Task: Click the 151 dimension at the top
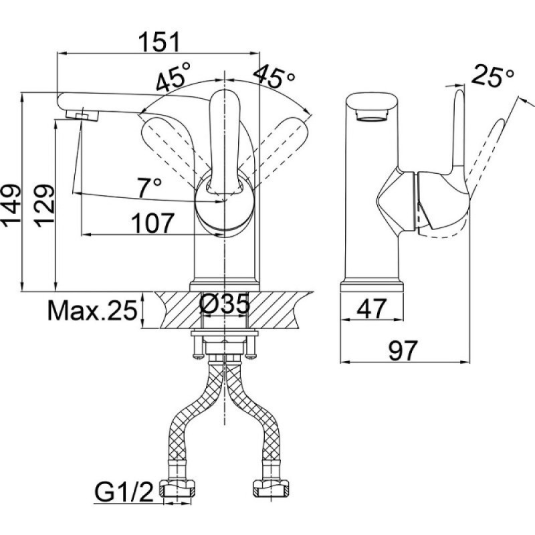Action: point(159,41)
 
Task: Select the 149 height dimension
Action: point(11,206)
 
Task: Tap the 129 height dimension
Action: point(44,206)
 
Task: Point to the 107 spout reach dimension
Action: point(152,223)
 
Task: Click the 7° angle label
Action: point(149,187)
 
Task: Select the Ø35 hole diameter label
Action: point(224,304)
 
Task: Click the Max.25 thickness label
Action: point(92,310)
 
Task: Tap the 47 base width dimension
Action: point(372,308)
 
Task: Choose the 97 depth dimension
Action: point(403,350)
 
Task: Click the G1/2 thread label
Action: point(124,492)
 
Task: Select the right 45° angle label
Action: point(274,76)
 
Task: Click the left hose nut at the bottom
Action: point(177,488)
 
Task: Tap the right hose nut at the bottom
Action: point(271,488)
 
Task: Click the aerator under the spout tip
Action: point(82,115)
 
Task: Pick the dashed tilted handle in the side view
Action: point(484,154)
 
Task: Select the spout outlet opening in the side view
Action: point(372,116)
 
